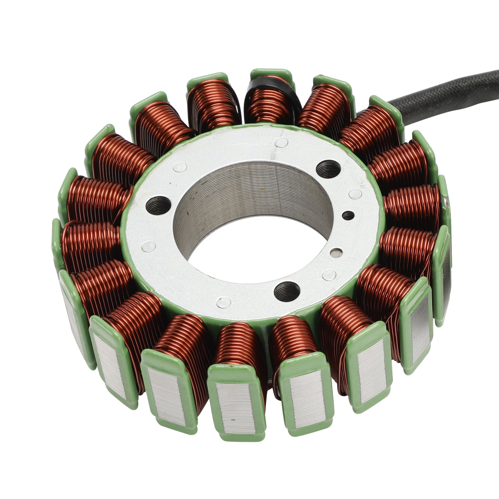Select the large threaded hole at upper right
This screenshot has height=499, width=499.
[x=326, y=168]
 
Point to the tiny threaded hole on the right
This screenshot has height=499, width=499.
[x=348, y=215]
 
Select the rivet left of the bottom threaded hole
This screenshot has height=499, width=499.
[x=223, y=302]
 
